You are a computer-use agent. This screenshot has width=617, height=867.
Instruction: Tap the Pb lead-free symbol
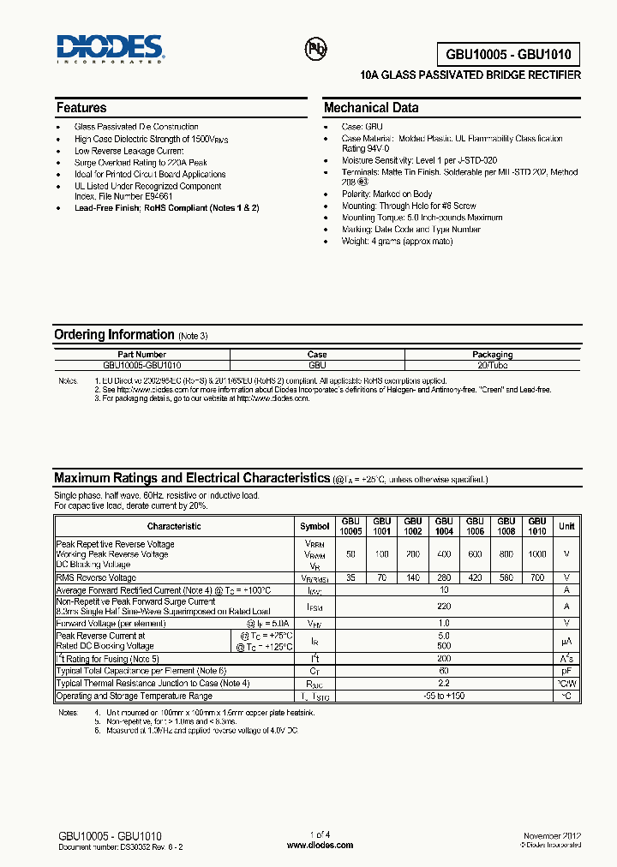point(316,49)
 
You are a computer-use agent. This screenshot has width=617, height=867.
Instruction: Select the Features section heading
point(81,108)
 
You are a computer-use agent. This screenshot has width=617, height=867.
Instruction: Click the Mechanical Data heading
point(371,108)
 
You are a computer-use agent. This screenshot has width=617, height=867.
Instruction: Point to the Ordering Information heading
point(114,335)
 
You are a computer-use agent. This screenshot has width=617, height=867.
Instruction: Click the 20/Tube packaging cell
point(492,364)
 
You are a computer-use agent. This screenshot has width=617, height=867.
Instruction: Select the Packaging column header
point(492,354)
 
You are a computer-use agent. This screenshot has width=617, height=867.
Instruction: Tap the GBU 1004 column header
point(444,526)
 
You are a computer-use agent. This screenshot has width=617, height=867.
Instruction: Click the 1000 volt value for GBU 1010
point(536,554)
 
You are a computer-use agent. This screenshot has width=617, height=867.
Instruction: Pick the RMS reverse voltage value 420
point(475,578)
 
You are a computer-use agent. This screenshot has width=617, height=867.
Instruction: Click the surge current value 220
point(444,606)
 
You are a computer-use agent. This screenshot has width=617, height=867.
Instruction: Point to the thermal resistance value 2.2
point(444,684)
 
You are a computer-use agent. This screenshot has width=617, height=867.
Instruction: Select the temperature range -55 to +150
point(444,696)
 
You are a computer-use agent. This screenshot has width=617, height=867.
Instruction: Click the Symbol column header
point(314,526)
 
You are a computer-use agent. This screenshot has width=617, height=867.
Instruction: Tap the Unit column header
point(566,526)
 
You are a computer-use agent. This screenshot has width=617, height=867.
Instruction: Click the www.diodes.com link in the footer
point(320,845)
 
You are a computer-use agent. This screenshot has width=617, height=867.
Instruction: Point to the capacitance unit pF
point(566,671)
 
